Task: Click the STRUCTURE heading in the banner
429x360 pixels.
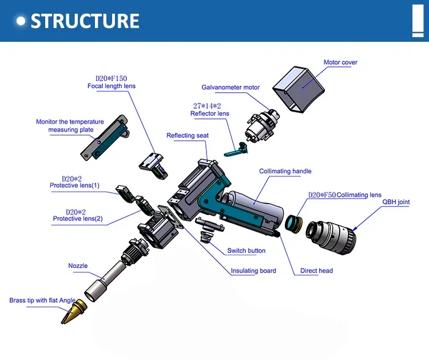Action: click(x=84, y=21)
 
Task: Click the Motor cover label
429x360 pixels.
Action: click(x=340, y=62)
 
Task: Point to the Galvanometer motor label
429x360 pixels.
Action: click(x=231, y=88)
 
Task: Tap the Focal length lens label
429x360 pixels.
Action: click(x=112, y=86)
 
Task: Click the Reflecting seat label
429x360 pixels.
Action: click(x=188, y=136)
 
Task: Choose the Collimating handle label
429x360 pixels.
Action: click(x=285, y=171)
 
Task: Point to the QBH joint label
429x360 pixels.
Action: click(x=396, y=202)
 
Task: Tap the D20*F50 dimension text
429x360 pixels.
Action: click(x=322, y=195)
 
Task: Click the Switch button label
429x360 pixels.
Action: click(x=247, y=251)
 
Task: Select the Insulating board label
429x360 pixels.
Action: click(x=253, y=271)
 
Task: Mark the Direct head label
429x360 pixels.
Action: click(x=316, y=271)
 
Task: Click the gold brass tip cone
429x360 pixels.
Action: click(x=74, y=312)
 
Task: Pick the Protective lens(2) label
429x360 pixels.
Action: click(x=78, y=219)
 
